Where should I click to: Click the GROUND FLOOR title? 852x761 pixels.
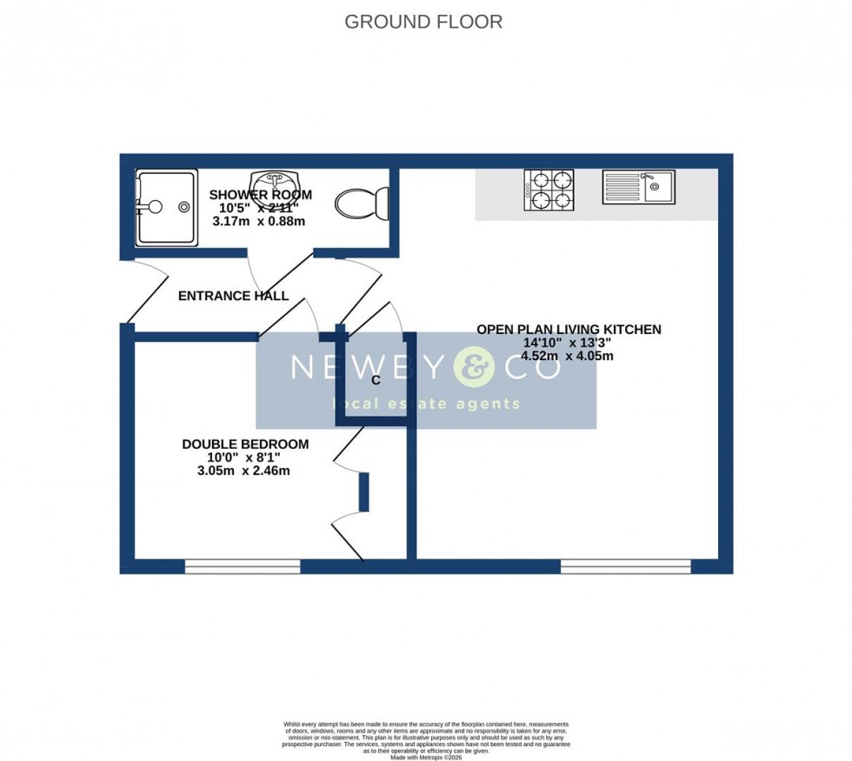click(x=423, y=22)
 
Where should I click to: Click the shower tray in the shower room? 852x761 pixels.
click(x=164, y=207)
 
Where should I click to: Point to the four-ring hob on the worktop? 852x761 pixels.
click(x=549, y=190)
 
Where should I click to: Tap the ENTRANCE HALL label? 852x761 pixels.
click(x=233, y=296)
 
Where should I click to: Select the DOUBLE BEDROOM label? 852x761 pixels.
click(x=244, y=444)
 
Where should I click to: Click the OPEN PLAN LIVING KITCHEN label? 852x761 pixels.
click(x=569, y=330)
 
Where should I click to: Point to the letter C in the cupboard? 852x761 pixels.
click(x=376, y=380)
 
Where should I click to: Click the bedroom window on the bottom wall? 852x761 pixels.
click(x=243, y=567)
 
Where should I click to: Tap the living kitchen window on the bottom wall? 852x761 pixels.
click(x=625, y=567)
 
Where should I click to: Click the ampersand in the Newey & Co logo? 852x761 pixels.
click(x=474, y=367)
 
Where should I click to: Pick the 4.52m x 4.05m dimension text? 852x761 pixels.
click(x=569, y=356)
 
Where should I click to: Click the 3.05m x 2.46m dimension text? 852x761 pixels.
click(x=244, y=471)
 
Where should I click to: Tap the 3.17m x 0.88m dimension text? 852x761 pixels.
click(x=259, y=221)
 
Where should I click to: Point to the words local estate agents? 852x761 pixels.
click(x=425, y=404)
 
